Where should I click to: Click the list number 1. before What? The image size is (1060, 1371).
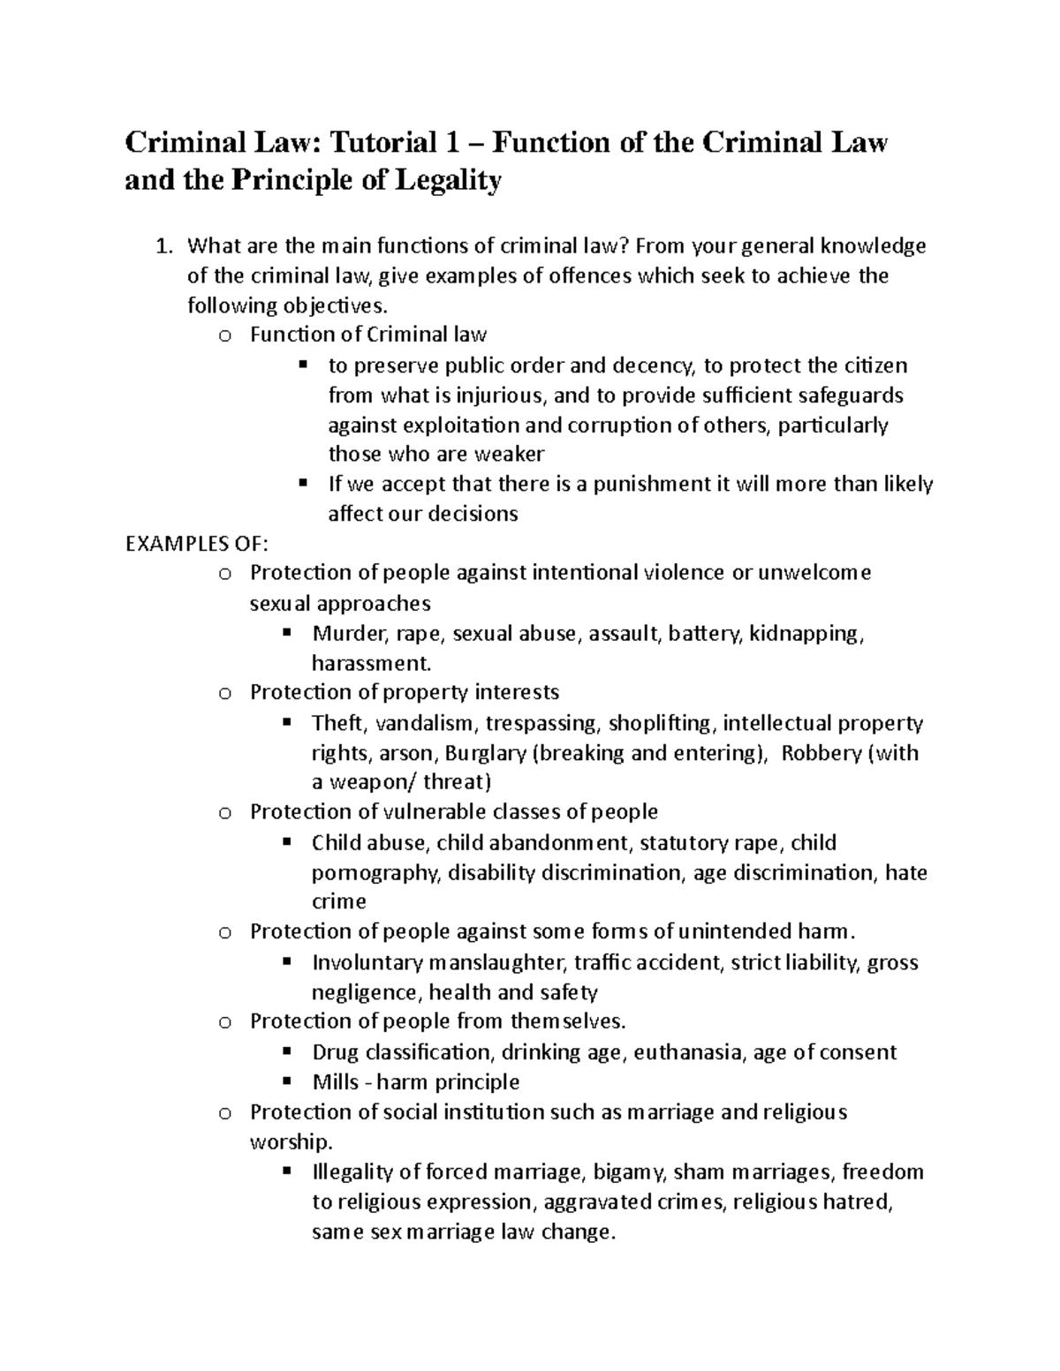(x=163, y=246)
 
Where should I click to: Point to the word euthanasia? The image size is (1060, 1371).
(x=689, y=1052)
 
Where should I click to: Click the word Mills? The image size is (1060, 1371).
(x=336, y=1082)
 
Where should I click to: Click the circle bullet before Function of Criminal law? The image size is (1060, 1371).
(x=224, y=335)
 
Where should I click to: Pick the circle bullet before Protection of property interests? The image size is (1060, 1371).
(x=224, y=693)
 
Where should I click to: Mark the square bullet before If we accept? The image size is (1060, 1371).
(x=302, y=483)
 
